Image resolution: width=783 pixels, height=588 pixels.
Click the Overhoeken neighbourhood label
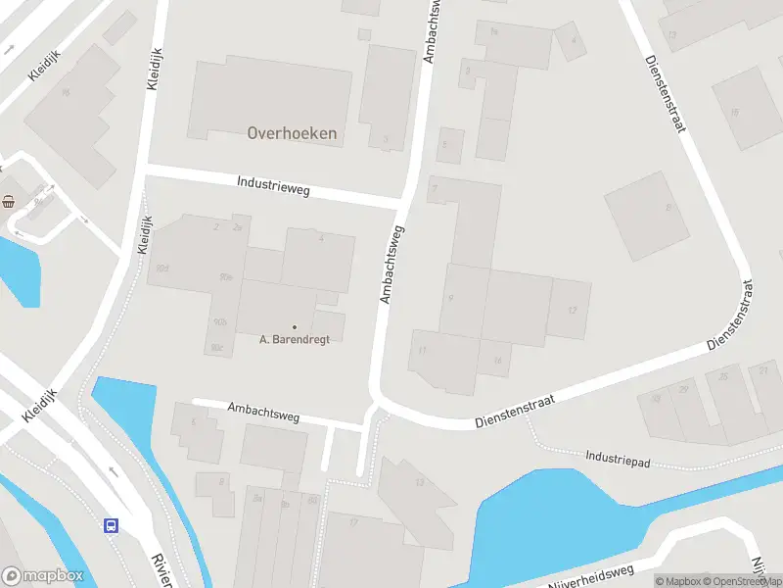pyautogui.click(x=292, y=133)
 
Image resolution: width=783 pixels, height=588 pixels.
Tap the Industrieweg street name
pyautogui.click(x=273, y=184)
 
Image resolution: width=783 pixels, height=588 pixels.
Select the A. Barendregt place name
pyautogui.click(x=295, y=339)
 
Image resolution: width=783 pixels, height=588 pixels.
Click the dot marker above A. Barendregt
pyautogui.click(x=295, y=326)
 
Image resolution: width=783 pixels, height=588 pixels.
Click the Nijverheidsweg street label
pyautogui.click(x=591, y=577)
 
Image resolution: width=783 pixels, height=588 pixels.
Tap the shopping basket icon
pyautogui.click(x=9, y=202)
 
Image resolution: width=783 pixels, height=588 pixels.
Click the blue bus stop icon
pyautogui.click(x=112, y=524)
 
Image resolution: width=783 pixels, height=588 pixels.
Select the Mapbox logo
pyautogui.click(x=43, y=575)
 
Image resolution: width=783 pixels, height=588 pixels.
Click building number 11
pyautogui.click(x=422, y=350)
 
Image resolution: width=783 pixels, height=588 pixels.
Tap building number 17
pyautogui.click(x=353, y=522)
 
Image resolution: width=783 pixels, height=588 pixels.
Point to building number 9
pyautogui.click(x=449, y=298)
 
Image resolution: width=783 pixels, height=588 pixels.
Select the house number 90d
pyautogui.click(x=162, y=268)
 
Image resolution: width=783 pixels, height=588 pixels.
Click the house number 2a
pyautogui.click(x=236, y=227)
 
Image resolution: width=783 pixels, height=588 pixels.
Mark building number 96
pyautogui.click(x=66, y=93)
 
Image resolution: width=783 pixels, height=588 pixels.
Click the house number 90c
pyautogui.click(x=215, y=347)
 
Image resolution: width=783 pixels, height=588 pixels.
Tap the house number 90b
pyautogui.click(x=219, y=321)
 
